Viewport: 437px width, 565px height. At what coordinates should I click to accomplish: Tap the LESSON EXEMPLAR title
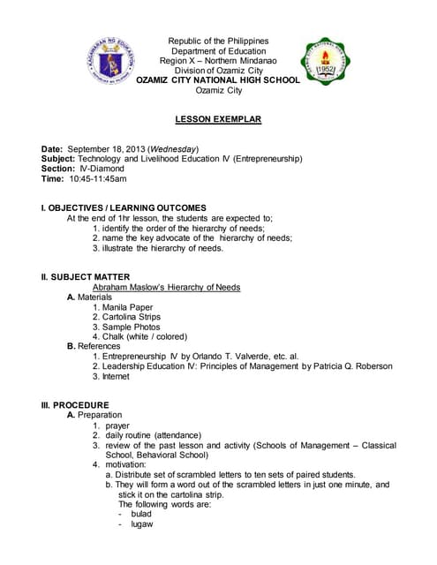(218, 118)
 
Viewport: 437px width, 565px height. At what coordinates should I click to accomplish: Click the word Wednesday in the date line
(173, 147)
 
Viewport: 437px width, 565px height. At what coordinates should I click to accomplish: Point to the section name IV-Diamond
(101, 168)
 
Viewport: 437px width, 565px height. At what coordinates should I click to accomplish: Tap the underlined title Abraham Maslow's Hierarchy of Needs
(167, 287)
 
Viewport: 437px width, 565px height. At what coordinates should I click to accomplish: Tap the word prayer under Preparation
(117, 426)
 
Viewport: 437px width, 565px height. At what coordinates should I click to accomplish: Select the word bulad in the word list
(140, 514)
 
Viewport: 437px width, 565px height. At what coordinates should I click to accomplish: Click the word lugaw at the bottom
(141, 524)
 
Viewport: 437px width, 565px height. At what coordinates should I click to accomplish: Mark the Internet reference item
(116, 376)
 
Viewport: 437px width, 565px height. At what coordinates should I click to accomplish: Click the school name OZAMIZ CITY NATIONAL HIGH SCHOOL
(217, 79)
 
